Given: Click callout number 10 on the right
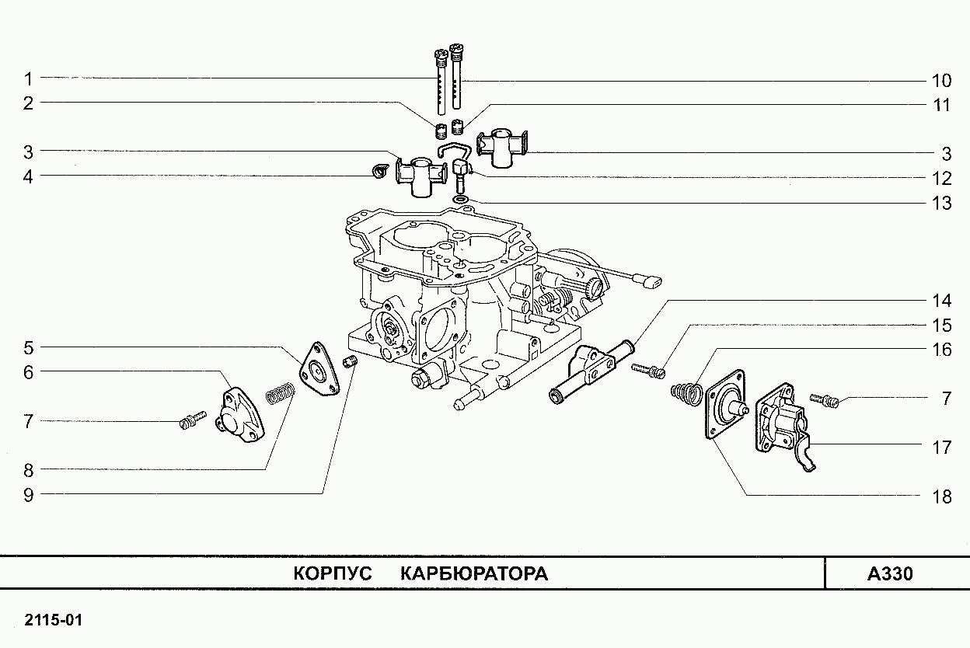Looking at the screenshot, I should click(x=940, y=80).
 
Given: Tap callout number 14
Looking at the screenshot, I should click(x=941, y=301).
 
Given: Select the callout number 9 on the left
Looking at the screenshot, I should click(x=28, y=494).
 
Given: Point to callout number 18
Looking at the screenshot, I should click(x=941, y=496).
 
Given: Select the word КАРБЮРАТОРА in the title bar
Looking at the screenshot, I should click(x=474, y=574).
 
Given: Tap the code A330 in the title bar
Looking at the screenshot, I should click(x=890, y=574).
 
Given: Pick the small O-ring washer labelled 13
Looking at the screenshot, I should click(x=460, y=201).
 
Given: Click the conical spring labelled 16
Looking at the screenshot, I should click(x=686, y=389).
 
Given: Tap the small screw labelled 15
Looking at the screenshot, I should click(x=649, y=371).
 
